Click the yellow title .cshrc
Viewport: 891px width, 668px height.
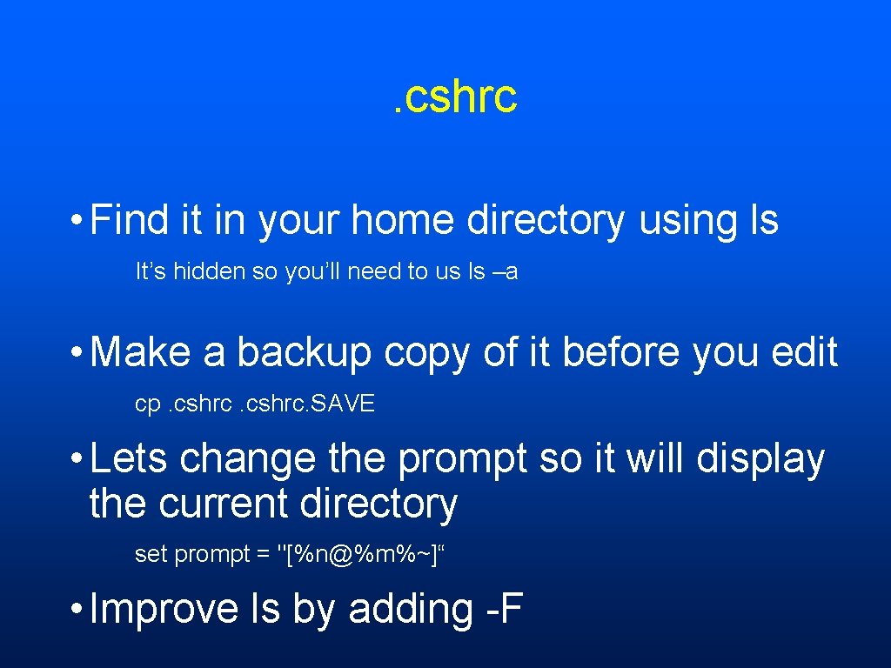453,96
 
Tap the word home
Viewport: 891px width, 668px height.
402,220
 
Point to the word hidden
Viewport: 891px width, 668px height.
209,271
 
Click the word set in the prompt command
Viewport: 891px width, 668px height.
151,555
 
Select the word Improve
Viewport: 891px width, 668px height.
164,610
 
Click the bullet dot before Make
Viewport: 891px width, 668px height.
78,353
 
